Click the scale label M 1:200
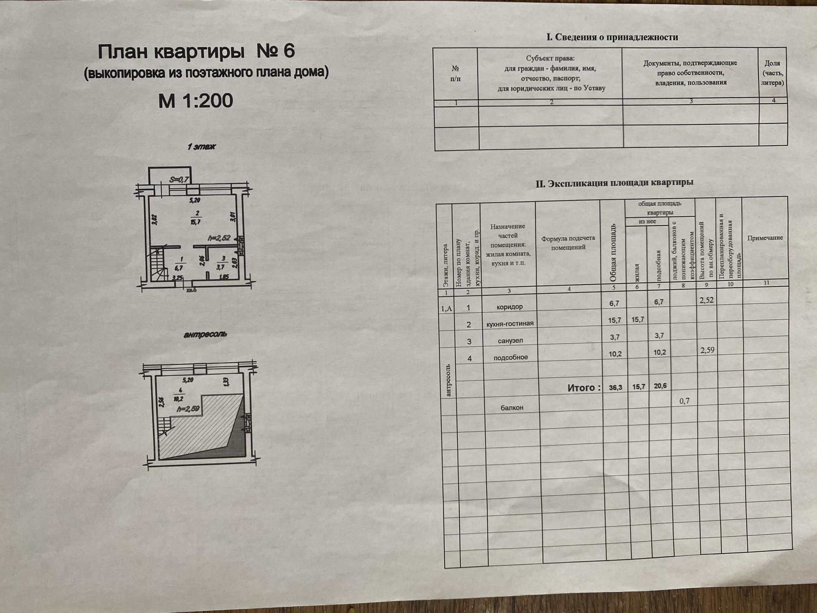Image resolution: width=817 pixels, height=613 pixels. tap(195, 101)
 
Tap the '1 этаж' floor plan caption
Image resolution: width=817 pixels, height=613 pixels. tap(201, 147)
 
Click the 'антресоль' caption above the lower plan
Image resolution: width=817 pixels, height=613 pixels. tap(205, 335)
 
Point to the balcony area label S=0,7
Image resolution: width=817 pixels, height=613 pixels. tap(179, 180)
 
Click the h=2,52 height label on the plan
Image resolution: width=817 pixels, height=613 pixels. tap(219, 238)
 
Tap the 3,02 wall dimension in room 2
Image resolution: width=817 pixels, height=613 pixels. tap(154, 220)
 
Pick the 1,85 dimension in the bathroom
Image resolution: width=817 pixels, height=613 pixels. tap(223, 277)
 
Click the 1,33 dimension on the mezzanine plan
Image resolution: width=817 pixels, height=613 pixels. tap(226, 382)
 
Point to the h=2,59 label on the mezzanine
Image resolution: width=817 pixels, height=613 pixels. tap(188, 409)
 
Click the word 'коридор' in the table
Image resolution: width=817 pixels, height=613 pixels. tap(510, 307)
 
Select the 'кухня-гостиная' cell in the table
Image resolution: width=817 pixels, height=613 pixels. tap(510, 324)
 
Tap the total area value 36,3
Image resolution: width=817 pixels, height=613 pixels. tap(615, 388)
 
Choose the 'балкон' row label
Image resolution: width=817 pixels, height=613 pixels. tap(512, 408)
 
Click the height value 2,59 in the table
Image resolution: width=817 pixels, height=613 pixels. tap(707, 350)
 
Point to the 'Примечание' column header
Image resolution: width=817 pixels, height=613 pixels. tap(765, 238)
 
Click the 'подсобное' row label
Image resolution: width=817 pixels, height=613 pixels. tap(511, 358)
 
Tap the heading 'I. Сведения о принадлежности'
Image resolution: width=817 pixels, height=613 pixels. tap(612, 37)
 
